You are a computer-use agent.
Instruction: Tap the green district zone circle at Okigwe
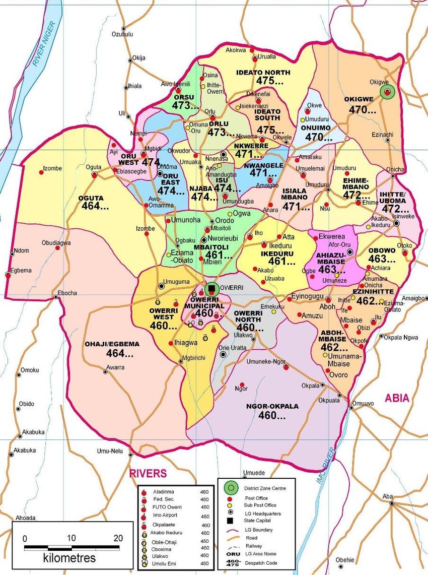pyautogui.click(x=387, y=92)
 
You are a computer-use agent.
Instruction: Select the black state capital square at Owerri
pyautogui.click(x=212, y=288)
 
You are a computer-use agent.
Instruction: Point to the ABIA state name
pyautogui.click(x=397, y=398)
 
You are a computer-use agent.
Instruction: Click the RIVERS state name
pyautogui.click(x=148, y=473)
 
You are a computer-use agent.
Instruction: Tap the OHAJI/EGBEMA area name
pyautogui.click(x=112, y=344)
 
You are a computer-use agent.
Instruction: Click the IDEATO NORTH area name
pyautogui.click(x=264, y=73)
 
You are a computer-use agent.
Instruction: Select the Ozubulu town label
pyautogui.click(x=122, y=34)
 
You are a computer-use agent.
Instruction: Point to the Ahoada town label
pyautogui.click(x=26, y=518)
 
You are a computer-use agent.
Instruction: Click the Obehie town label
pyautogui.click(x=345, y=559)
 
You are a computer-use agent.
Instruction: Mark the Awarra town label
pyautogui.click(x=115, y=367)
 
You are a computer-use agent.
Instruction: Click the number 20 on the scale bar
pyautogui.click(x=118, y=538)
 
